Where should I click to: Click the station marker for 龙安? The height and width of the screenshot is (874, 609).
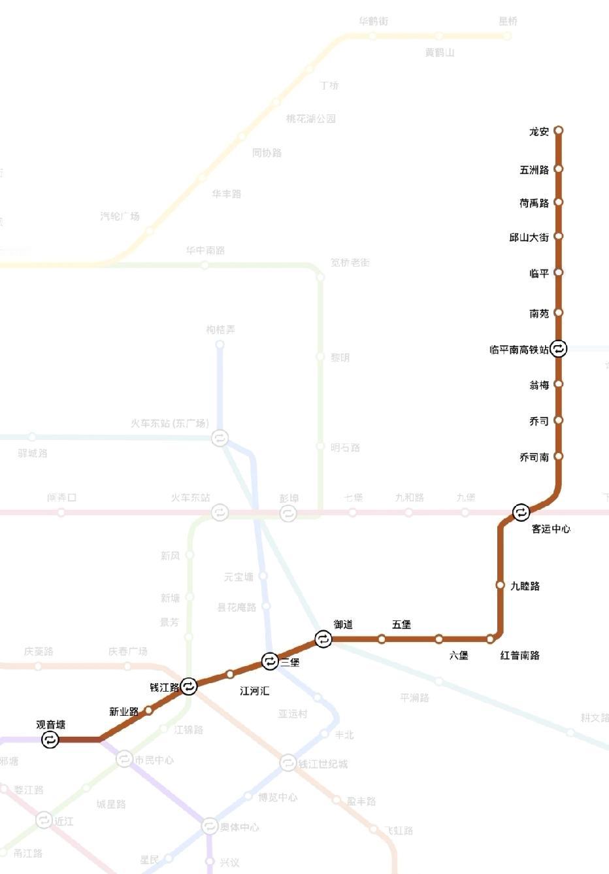[559, 131]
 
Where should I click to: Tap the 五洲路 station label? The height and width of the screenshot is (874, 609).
[534, 170]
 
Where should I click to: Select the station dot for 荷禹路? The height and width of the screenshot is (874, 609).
[559, 203]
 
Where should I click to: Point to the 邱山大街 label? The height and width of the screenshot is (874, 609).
[529, 237]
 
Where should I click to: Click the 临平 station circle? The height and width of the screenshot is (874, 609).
[559, 273]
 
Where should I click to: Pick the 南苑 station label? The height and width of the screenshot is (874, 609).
[539, 314]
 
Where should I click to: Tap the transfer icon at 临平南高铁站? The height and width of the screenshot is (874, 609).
[558, 349]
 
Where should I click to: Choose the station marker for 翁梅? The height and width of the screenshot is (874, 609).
[559, 384]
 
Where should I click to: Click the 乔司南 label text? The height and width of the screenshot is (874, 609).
[534, 458]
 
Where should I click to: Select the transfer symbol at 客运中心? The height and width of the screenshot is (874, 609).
[521, 513]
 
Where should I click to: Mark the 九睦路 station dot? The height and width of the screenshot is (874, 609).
[501, 585]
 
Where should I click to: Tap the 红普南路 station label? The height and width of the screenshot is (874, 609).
[519, 655]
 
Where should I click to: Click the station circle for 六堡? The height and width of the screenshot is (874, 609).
[439, 639]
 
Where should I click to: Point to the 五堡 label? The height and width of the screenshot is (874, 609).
[401, 624]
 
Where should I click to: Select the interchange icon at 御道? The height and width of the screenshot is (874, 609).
[323, 639]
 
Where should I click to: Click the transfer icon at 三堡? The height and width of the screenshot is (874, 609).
[270, 662]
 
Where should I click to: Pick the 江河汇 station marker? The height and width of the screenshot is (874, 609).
[230, 674]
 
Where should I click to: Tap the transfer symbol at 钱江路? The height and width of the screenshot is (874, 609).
[189, 686]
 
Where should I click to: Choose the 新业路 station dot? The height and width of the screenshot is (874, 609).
[149, 711]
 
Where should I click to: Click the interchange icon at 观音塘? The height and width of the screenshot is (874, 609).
[50, 740]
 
